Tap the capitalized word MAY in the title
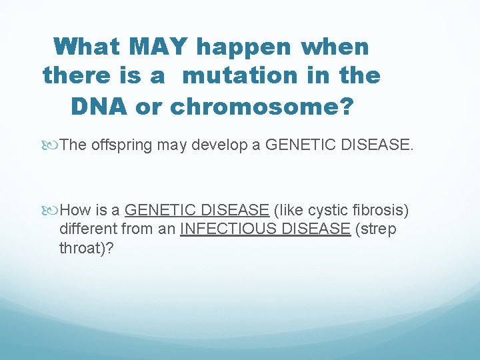point(162,47)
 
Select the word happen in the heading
point(244,47)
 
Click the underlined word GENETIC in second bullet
point(157,211)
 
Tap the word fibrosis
point(382,211)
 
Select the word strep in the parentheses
point(379,229)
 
